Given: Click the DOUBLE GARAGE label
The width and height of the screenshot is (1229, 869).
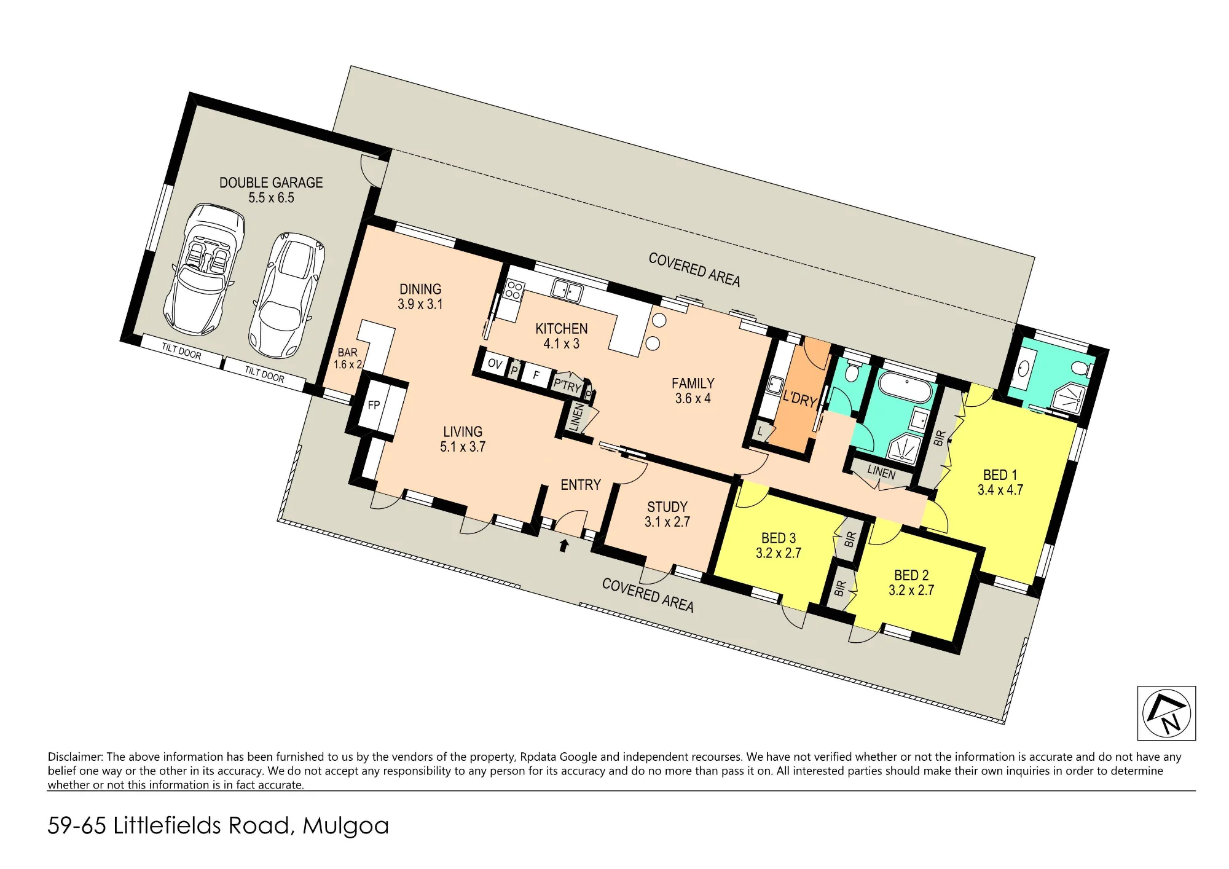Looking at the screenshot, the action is [x=271, y=190].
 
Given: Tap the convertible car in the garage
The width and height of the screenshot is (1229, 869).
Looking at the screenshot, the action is [x=204, y=269].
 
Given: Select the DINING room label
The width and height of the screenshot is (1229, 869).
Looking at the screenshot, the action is [x=420, y=296].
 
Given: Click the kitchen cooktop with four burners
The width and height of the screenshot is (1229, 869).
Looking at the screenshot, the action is [x=514, y=290].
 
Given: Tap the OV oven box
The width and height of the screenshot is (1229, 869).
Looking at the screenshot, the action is [x=494, y=363].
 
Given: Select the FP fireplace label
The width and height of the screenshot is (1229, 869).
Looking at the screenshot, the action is [x=374, y=405].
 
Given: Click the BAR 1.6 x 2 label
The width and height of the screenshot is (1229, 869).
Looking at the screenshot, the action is [x=347, y=358].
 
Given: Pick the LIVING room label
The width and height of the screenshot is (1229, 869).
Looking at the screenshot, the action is [x=463, y=439].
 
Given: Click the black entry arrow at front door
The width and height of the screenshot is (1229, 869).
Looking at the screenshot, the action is [x=563, y=545].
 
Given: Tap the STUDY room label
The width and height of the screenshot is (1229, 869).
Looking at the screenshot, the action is [x=667, y=514].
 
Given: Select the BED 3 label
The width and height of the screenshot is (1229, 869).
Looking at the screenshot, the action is [x=779, y=545].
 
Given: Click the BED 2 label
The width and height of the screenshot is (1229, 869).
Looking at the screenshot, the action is [x=911, y=583].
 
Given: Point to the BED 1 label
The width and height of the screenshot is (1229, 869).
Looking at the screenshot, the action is [x=1000, y=482].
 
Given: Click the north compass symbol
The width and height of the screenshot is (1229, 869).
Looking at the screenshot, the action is [x=1166, y=713].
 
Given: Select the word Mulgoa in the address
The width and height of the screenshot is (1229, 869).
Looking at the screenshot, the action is [x=346, y=826].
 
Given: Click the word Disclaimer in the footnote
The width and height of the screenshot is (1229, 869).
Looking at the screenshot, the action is [x=76, y=757].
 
